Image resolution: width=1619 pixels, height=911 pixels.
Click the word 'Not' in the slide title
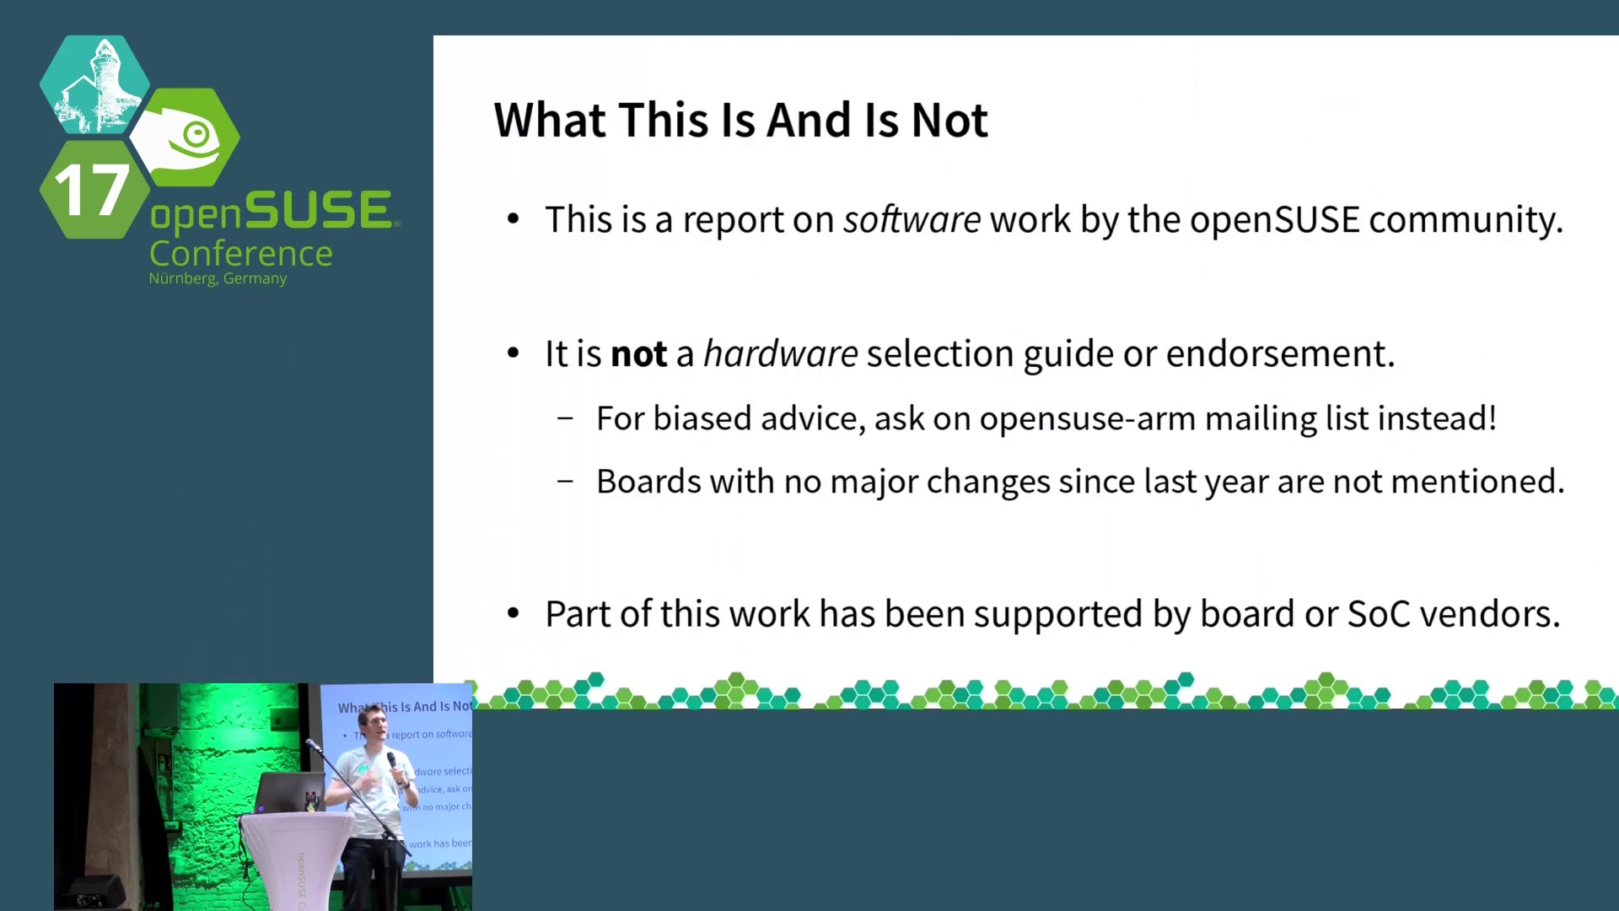(949, 120)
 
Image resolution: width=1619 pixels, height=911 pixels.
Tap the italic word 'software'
(912, 219)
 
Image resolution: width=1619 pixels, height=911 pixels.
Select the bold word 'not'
(639, 353)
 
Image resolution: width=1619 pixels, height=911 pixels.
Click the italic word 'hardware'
(781, 353)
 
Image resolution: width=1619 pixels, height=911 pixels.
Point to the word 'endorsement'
(1280, 353)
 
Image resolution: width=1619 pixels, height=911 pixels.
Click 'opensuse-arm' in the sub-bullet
(1088, 418)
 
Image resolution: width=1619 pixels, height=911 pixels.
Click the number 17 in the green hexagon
(92, 190)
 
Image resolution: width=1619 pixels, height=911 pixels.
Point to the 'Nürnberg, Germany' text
(218, 278)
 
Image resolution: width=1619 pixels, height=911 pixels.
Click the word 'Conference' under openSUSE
(241, 253)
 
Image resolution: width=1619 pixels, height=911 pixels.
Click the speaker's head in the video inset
(371, 724)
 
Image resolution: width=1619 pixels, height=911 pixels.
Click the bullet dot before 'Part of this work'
(514, 614)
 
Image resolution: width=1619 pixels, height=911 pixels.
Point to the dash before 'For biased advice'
(566, 418)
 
